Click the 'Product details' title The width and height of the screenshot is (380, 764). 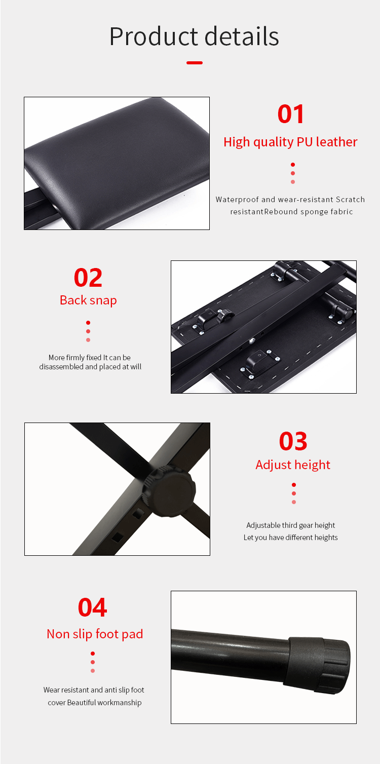tap(194, 37)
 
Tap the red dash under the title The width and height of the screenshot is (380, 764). tap(195, 63)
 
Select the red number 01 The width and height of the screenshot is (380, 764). tap(291, 114)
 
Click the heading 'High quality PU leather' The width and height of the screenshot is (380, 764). tap(290, 142)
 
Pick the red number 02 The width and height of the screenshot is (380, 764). tap(88, 278)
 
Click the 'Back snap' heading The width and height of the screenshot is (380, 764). tap(88, 300)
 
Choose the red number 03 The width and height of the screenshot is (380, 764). tap(293, 441)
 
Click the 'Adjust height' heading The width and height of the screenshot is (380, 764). tap(293, 465)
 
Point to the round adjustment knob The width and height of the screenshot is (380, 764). tap(170, 490)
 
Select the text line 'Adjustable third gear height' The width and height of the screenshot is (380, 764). tap(291, 525)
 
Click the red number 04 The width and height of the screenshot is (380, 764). tap(92, 607)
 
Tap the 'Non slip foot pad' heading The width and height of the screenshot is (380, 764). tap(95, 634)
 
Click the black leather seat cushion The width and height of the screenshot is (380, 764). tap(117, 160)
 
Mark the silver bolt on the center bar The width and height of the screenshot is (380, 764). tap(252, 340)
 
